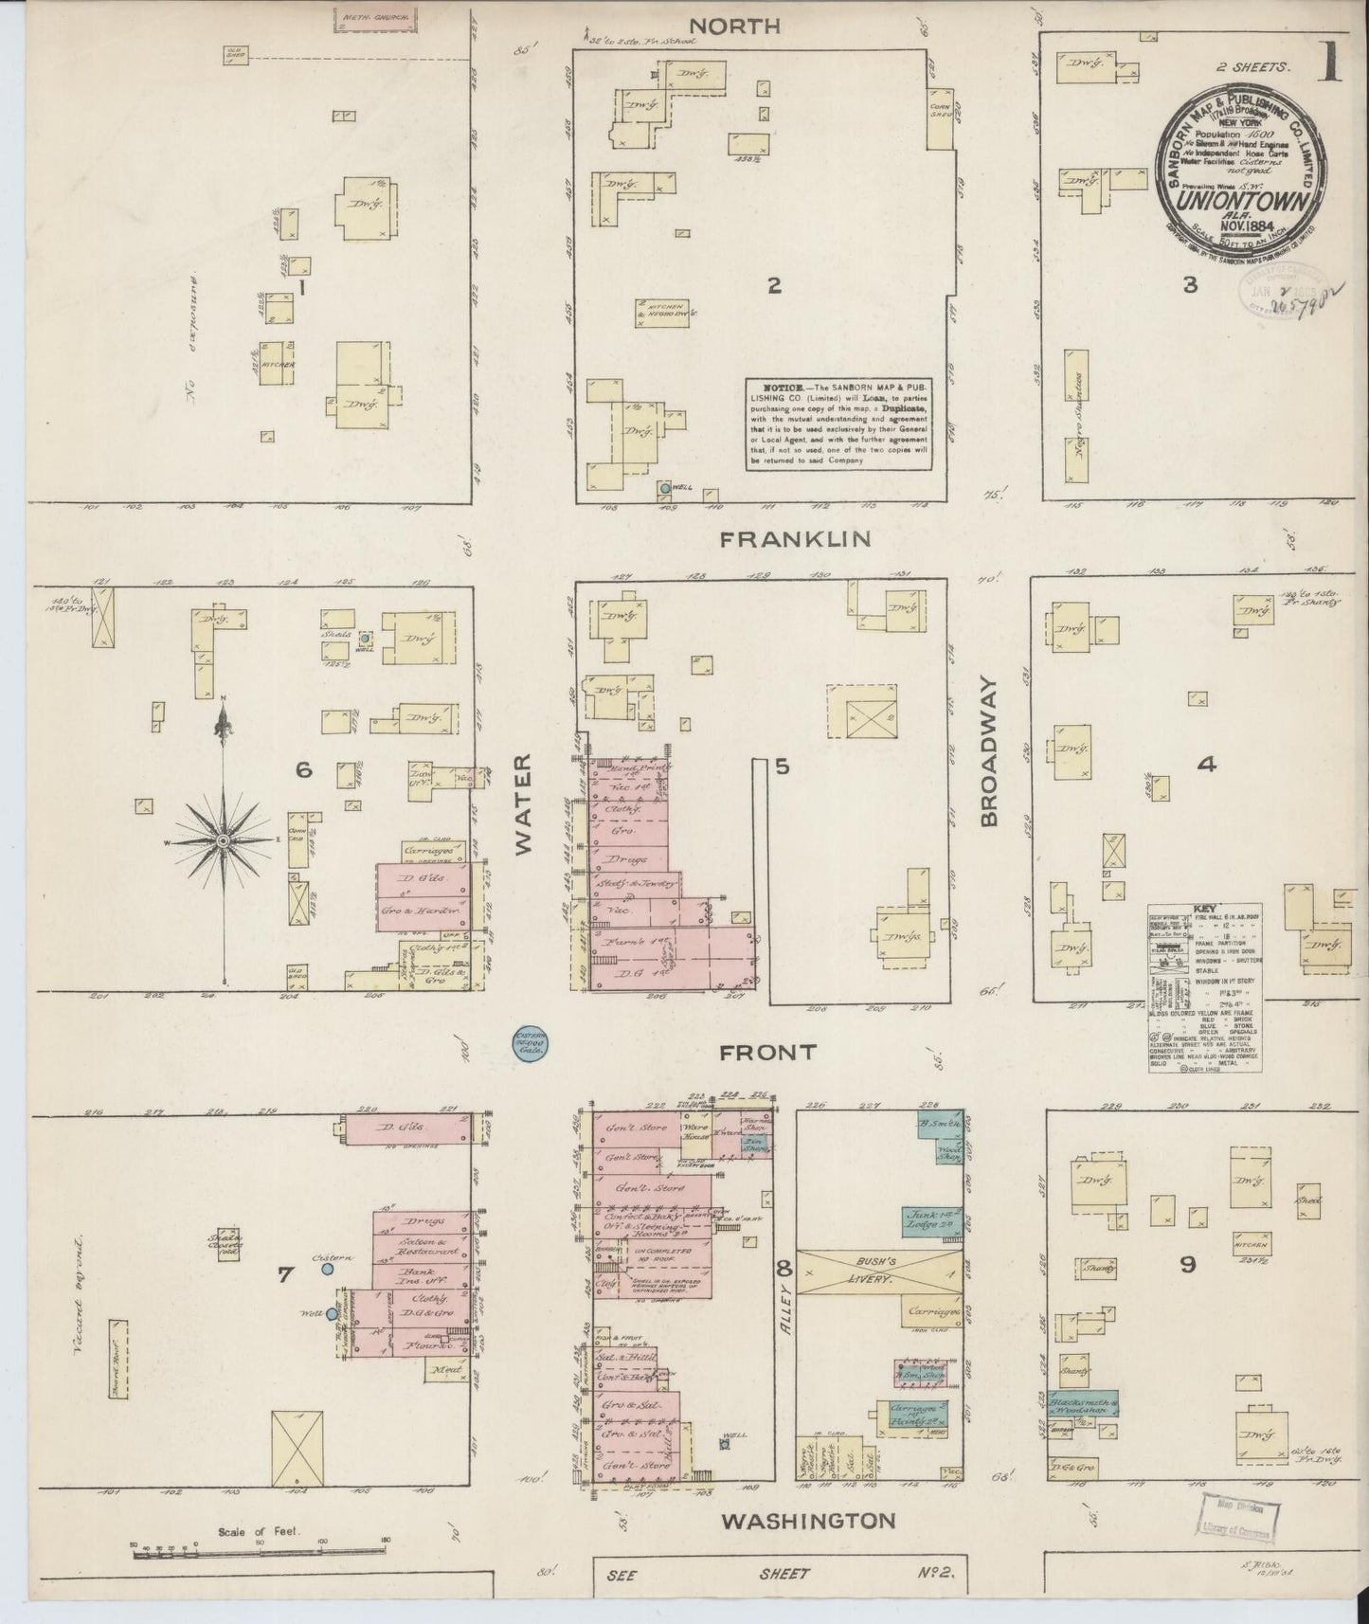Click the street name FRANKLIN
click(x=795, y=539)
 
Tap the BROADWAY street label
click(x=990, y=752)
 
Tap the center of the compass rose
click(x=224, y=840)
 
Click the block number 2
click(x=774, y=285)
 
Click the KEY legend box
click(x=1204, y=988)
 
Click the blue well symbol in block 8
click(x=727, y=1445)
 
